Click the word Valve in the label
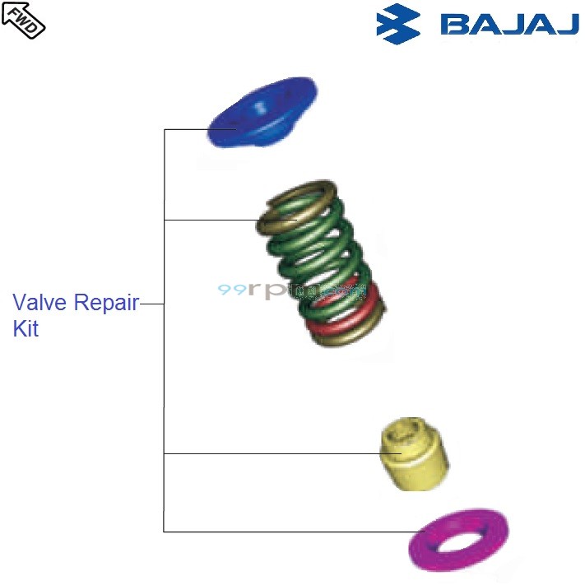click(40, 302)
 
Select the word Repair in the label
click(106, 302)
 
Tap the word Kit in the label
click(26, 329)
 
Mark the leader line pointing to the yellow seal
click(272, 453)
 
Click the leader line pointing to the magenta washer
click(288, 532)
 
